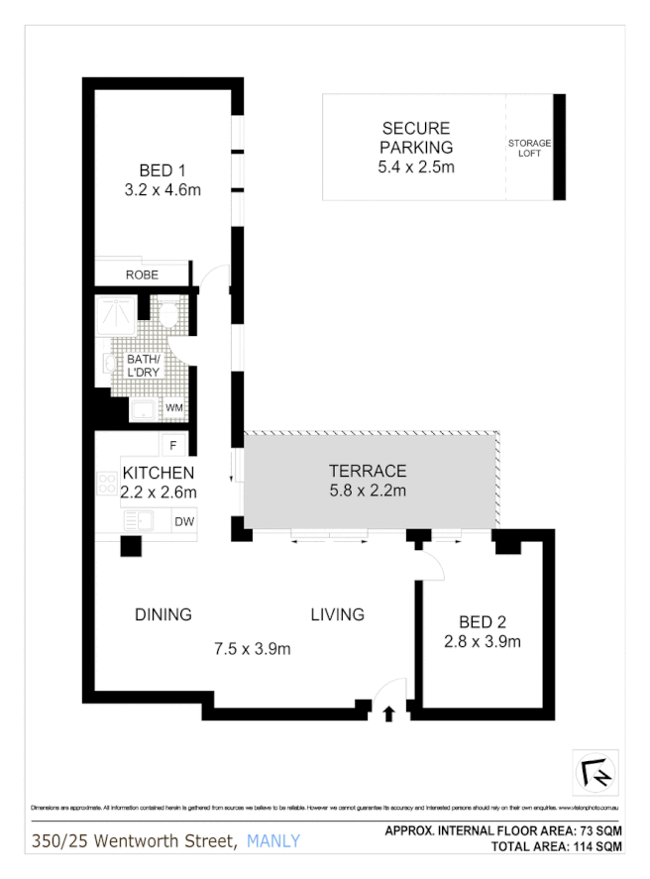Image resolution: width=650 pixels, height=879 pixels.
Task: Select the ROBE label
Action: click(x=142, y=275)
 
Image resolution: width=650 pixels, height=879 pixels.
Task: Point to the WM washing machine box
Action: click(x=173, y=407)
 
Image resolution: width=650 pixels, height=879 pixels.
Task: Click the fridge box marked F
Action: click(x=173, y=446)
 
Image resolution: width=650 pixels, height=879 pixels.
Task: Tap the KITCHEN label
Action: click(x=159, y=473)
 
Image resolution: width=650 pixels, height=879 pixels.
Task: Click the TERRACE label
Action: click(x=368, y=471)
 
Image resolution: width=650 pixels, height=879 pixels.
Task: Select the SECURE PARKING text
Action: click(x=416, y=138)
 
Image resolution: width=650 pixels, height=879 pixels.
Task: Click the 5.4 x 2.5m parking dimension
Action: click(x=416, y=167)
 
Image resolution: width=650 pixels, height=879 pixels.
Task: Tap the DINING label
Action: click(x=163, y=614)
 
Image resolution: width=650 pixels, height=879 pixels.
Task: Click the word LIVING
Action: click(x=337, y=614)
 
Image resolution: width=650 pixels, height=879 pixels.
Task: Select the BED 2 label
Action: click(x=483, y=622)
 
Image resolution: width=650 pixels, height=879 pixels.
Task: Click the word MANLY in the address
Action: click(x=272, y=842)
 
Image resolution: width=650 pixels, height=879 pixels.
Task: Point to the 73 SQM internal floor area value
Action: click(x=600, y=830)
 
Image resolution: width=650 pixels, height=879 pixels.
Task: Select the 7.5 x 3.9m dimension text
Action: click(x=253, y=649)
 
